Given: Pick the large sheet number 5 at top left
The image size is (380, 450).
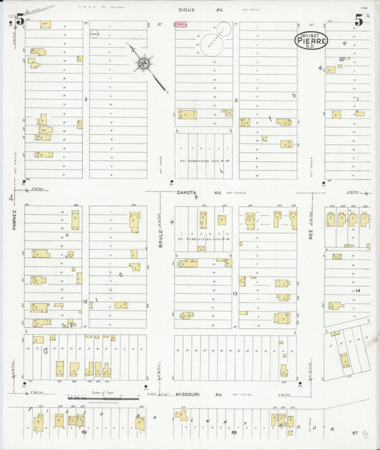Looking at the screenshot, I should (19, 21).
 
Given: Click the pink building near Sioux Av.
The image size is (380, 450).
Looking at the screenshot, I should (181, 25).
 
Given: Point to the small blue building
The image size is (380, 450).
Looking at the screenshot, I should (342, 59).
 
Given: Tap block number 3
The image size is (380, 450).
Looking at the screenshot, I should (85, 99).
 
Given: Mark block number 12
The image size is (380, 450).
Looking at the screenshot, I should (84, 302).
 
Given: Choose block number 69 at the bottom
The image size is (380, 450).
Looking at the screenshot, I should (84, 432).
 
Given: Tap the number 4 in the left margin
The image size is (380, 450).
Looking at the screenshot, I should (10, 198).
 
